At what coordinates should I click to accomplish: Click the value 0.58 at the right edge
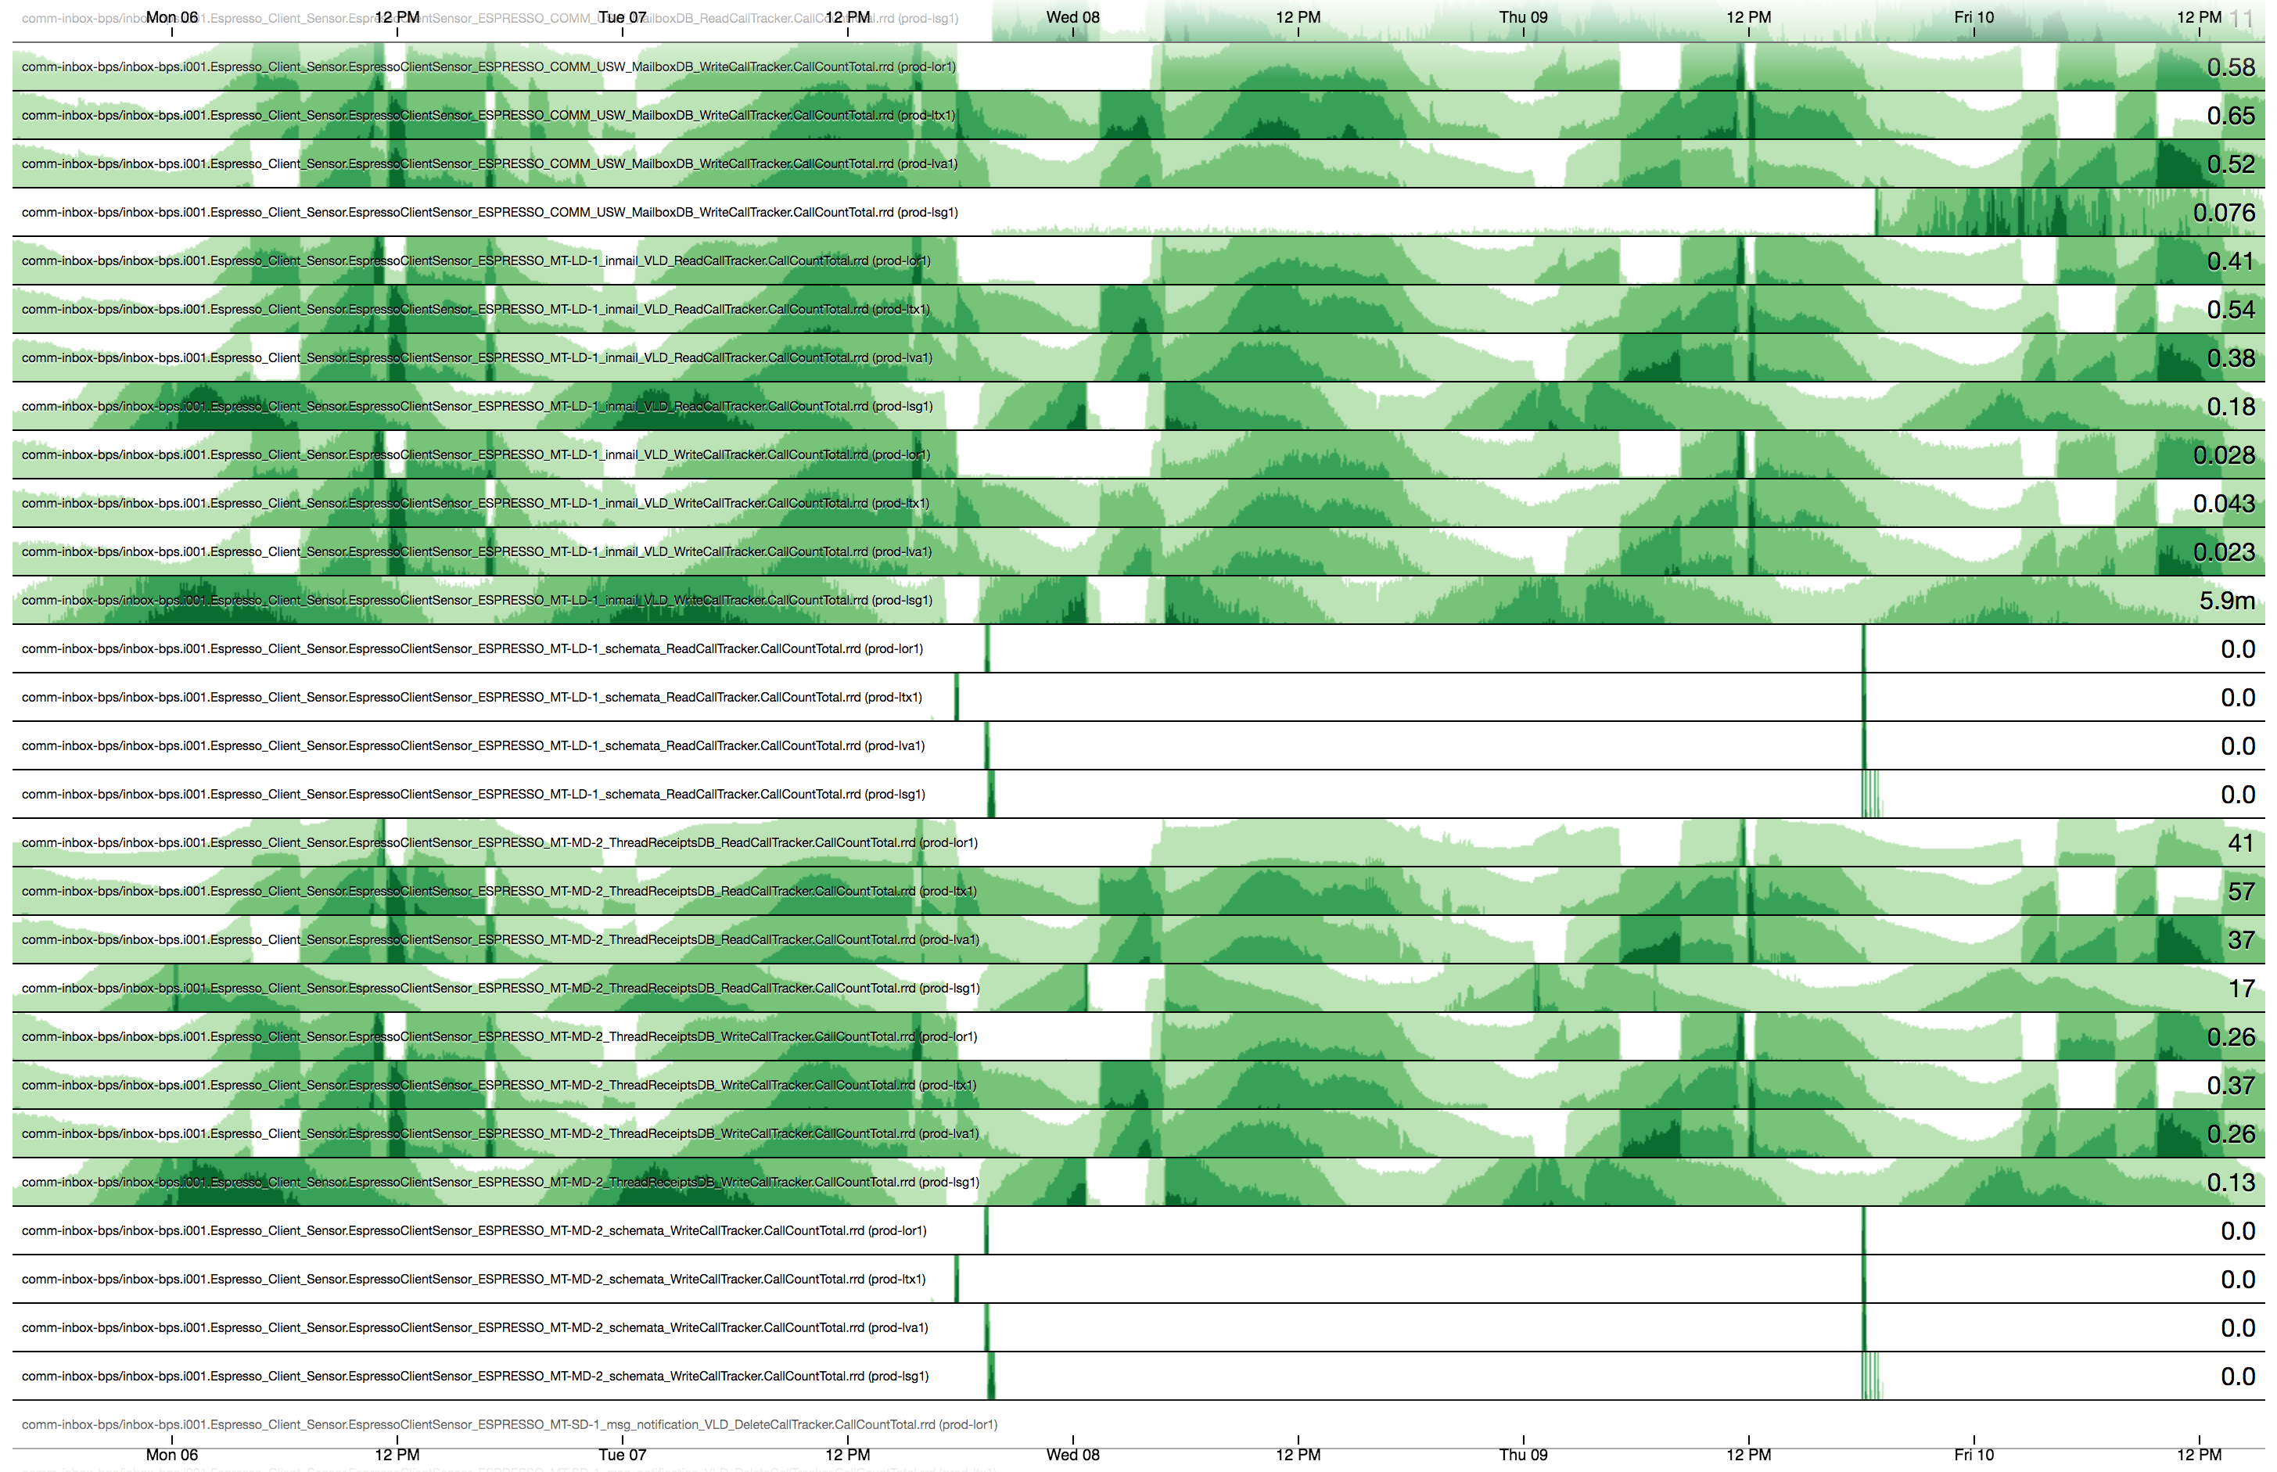coord(2229,68)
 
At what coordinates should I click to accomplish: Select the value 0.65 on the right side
coord(2229,117)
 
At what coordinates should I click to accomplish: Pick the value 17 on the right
coord(2241,989)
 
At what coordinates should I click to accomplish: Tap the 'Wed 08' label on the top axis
coord(1072,17)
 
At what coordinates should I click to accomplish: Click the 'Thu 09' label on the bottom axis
coord(1523,1455)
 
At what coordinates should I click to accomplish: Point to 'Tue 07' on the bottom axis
coord(623,1455)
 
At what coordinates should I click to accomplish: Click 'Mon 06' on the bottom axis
coord(172,1455)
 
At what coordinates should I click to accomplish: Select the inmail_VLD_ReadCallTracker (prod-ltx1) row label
coord(475,310)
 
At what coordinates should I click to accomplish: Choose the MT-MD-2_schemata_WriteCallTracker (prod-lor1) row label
coord(473,1231)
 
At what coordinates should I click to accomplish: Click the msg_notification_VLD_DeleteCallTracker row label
coord(508,1425)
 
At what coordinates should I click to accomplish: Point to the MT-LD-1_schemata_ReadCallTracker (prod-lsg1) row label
coord(473,795)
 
